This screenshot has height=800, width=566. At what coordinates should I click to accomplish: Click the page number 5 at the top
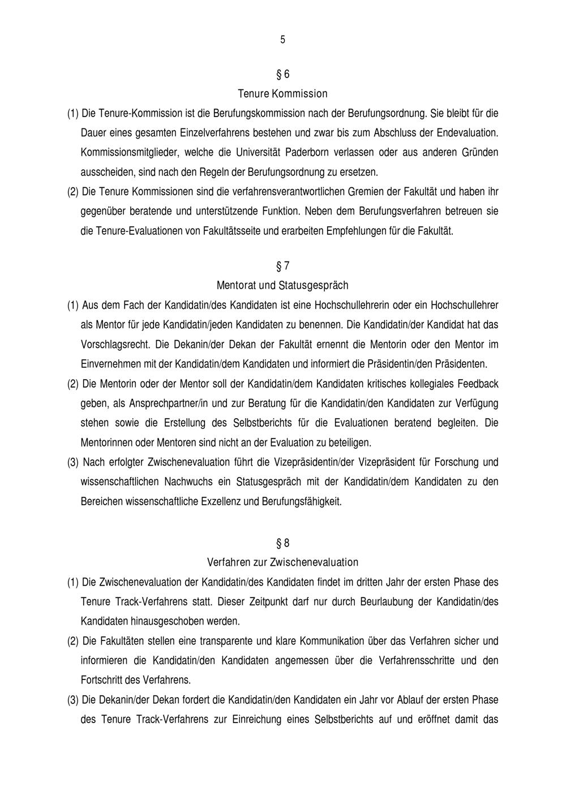click(282, 40)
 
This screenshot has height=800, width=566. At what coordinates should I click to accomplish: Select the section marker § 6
click(282, 74)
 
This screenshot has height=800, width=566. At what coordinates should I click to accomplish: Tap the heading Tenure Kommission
click(282, 93)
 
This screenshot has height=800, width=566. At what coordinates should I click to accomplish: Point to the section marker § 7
click(282, 266)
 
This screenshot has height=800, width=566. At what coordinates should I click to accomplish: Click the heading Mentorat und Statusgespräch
click(282, 285)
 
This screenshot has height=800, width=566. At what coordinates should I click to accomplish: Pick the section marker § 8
click(282, 543)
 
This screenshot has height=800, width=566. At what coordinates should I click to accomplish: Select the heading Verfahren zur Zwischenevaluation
click(282, 562)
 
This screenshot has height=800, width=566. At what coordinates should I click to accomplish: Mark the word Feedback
click(478, 384)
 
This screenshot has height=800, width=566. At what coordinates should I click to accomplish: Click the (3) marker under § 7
click(73, 462)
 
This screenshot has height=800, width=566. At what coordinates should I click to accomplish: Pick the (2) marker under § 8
click(73, 641)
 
